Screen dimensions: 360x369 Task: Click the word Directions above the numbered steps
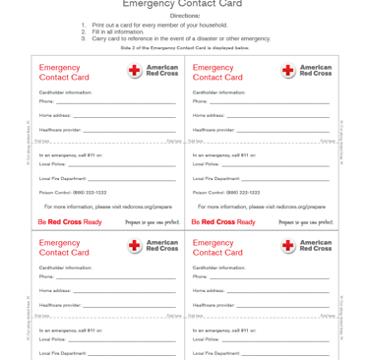pos(184,16)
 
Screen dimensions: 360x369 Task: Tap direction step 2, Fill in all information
pos(110,31)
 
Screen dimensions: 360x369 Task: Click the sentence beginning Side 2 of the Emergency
pos(184,47)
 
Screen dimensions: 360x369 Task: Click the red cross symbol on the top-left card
pos(135,71)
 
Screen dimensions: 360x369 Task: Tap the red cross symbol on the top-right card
pos(288,71)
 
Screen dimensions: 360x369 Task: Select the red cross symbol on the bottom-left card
pos(135,246)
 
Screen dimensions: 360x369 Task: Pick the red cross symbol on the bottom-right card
pos(288,246)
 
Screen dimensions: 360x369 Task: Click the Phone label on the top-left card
pos(46,101)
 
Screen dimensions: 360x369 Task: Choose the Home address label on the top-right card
pos(209,115)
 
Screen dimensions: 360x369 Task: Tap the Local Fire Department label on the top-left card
pos(63,178)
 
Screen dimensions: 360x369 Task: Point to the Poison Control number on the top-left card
pos(74,192)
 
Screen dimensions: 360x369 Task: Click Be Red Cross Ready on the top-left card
pos(70,222)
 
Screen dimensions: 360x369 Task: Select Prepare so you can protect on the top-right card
pos(305,222)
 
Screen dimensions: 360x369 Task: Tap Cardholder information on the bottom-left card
pos(65,268)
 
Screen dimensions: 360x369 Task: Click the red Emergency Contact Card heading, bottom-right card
pos(217,247)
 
